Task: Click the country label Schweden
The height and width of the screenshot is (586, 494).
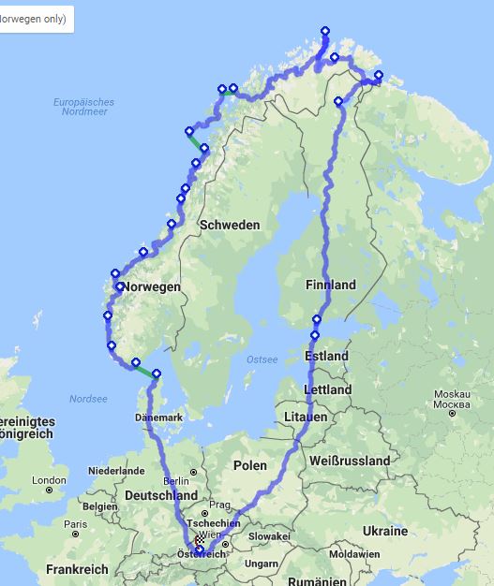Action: click(230, 226)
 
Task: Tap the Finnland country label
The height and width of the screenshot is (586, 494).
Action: click(330, 285)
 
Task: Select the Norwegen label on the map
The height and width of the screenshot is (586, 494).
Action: click(150, 287)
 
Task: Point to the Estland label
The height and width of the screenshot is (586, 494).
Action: click(326, 357)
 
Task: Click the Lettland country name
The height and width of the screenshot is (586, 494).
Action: click(328, 389)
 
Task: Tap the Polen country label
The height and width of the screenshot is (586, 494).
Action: click(250, 465)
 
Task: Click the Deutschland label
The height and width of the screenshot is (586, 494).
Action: click(161, 495)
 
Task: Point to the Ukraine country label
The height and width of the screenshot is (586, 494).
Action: click(385, 531)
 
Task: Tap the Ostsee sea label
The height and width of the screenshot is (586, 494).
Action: click(262, 359)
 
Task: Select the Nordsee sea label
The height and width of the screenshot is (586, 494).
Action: click(88, 398)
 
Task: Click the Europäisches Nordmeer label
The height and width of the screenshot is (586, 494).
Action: click(83, 107)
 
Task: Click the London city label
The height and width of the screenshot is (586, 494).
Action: click(49, 480)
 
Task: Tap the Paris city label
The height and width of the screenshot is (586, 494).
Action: click(76, 525)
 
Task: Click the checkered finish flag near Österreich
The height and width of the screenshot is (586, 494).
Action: click(200, 542)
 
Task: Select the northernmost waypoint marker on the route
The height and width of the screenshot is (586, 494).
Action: click(325, 31)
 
